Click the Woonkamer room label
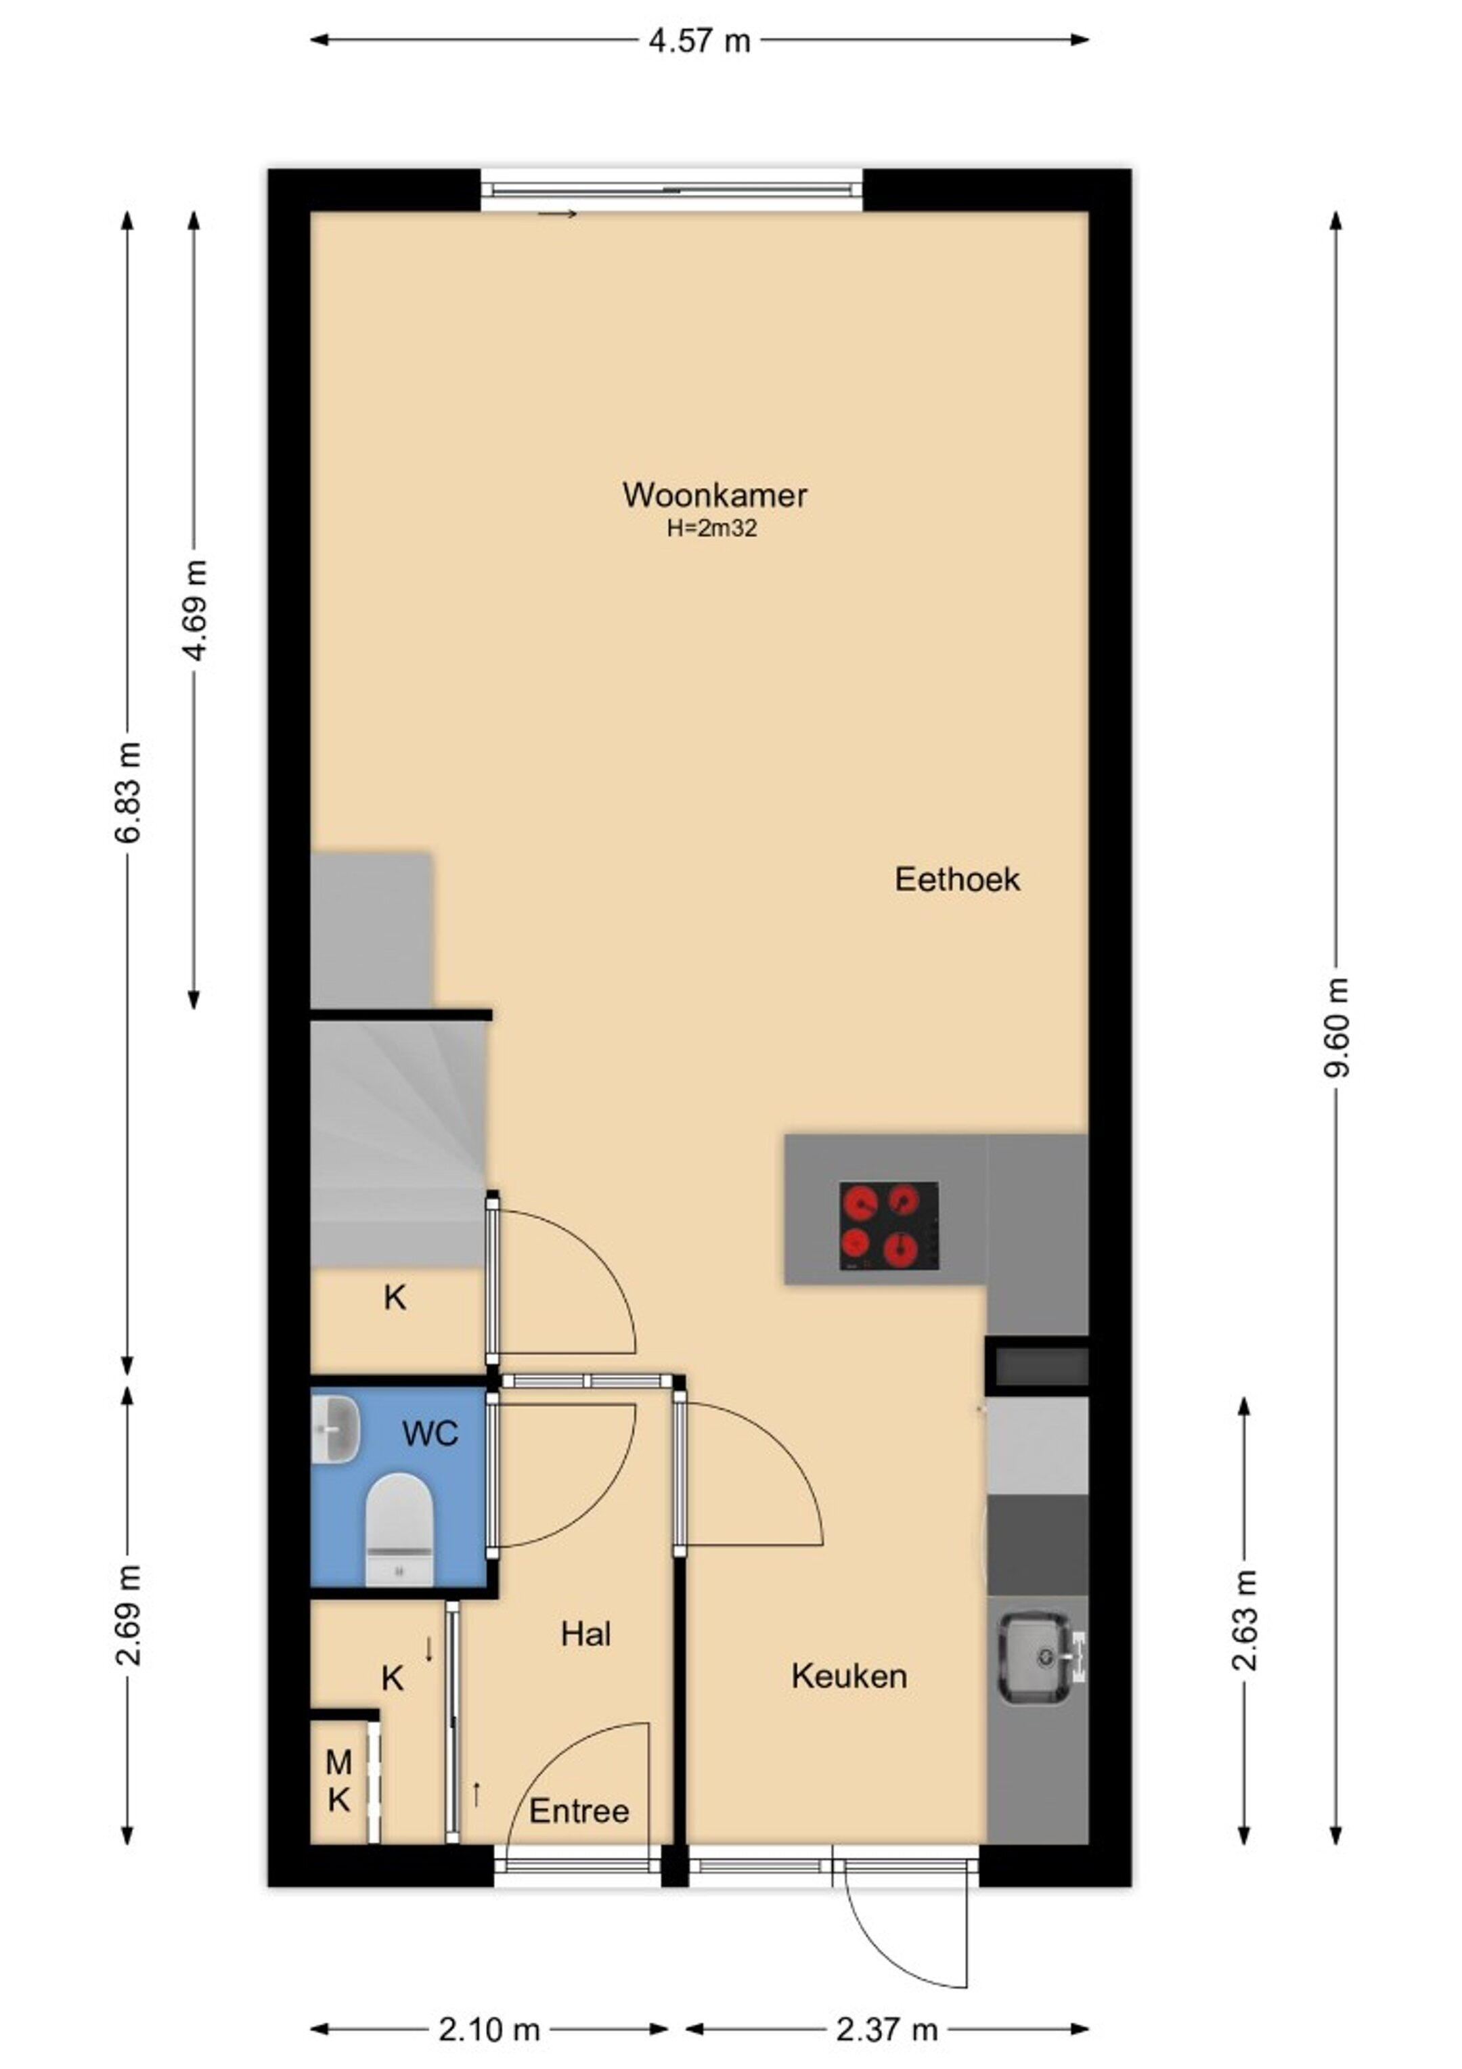[714, 495]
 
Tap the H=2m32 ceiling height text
[711, 529]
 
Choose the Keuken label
[849, 1676]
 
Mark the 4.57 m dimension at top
[699, 41]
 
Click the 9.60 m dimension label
[1337, 1027]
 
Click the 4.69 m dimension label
[195, 610]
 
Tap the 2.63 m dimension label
[1244, 1620]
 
